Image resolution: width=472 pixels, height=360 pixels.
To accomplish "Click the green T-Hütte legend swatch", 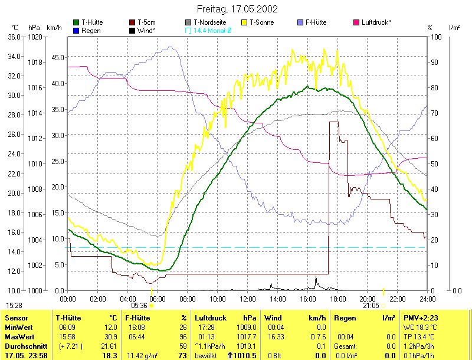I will (x=76, y=22).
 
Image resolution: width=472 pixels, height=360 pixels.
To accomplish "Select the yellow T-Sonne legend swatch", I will (x=245, y=22).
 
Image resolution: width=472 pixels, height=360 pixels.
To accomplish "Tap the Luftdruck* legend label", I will (x=376, y=22).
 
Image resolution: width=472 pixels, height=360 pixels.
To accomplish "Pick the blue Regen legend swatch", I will (x=76, y=30).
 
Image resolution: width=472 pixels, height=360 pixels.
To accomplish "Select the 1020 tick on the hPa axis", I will (x=35, y=37).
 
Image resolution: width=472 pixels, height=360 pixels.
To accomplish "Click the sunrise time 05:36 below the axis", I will (x=139, y=306).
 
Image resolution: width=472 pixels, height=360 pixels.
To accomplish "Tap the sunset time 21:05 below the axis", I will (x=371, y=306).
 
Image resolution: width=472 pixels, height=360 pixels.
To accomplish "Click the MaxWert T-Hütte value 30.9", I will (x=111, y=336).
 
